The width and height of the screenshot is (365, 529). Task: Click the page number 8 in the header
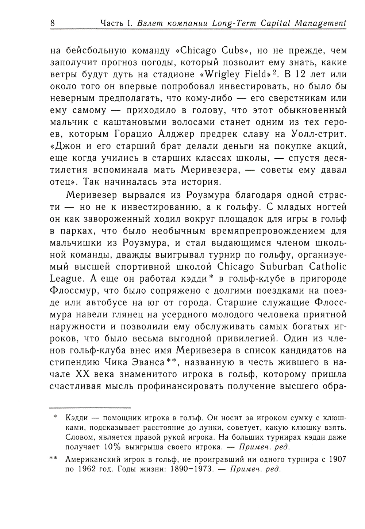[52, 23]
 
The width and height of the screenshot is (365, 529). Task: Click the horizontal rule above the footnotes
[90, 407]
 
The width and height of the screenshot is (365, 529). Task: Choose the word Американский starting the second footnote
[91, 459]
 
